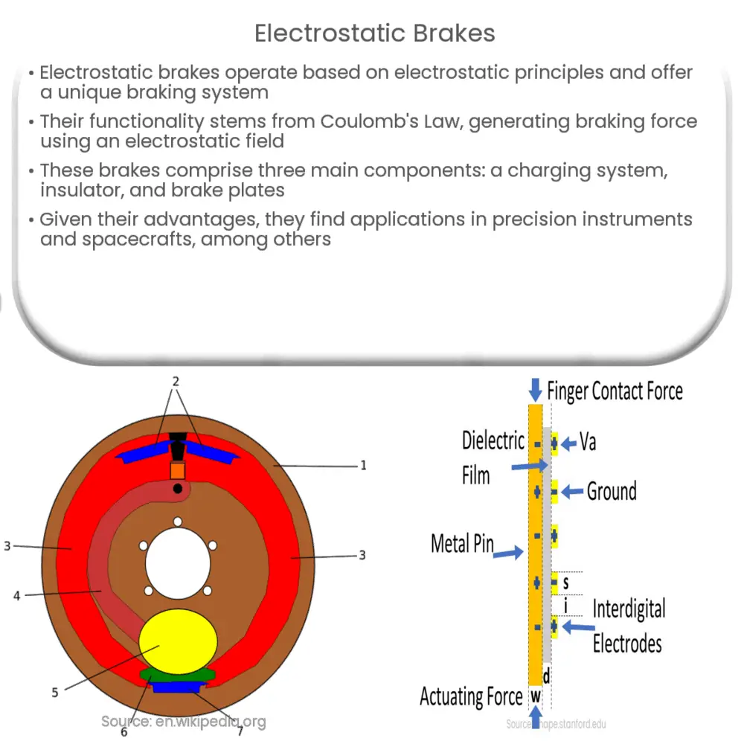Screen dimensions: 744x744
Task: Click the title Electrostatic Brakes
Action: (x=375, y=33)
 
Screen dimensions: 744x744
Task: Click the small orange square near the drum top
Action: (x=177, y=470)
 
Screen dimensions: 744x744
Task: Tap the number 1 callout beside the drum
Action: (x=363, y=466)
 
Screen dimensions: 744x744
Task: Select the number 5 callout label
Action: (x=54, y=693)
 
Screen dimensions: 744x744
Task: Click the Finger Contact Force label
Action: (x=615, y=390)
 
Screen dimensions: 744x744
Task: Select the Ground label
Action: (x=612, y=491)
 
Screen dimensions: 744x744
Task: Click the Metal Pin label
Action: (x=462, y=544)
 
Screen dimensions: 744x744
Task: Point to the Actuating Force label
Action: (x=471, y=697)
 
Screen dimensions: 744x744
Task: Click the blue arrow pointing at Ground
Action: (x=573, y=491)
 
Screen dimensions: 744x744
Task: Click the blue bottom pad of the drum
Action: (x=177, y=687)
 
